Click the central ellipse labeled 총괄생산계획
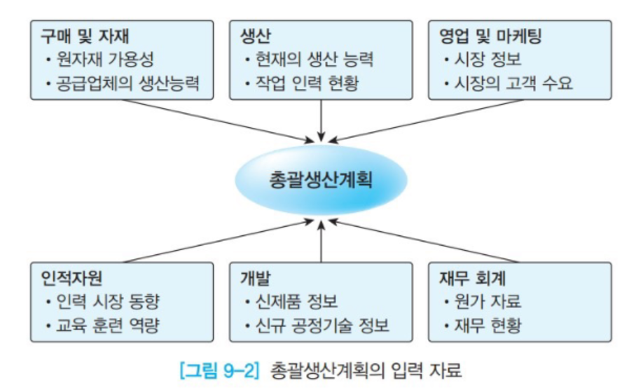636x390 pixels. (x=321, y=180)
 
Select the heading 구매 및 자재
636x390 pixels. (x=85, y=36)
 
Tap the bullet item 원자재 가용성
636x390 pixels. (x=105, y=60)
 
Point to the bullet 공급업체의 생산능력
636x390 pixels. (x=127, y=83)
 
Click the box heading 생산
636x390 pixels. (x=255, y=36)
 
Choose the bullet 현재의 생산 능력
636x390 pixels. (x=314, y=60)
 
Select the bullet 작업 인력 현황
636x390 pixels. (x=307, y=83)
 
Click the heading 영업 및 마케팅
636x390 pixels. (x=490, y=36)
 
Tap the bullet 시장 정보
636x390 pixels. (x=488, y=60)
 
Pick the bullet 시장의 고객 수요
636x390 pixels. (x=513, y=83)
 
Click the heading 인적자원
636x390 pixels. (x=71, y=278)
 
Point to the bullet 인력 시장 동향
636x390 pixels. (x=107, y=302)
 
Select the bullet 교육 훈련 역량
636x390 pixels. (x=107, y=325)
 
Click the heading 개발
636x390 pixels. (x=255, y=278)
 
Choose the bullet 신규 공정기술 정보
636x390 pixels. (x=322, y=325)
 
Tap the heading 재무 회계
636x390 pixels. (x=473, y=278)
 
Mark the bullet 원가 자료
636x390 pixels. (x=488, y=302)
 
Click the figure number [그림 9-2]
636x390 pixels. (x=219, y=370)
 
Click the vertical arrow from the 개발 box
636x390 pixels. (x=321, y=242)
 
